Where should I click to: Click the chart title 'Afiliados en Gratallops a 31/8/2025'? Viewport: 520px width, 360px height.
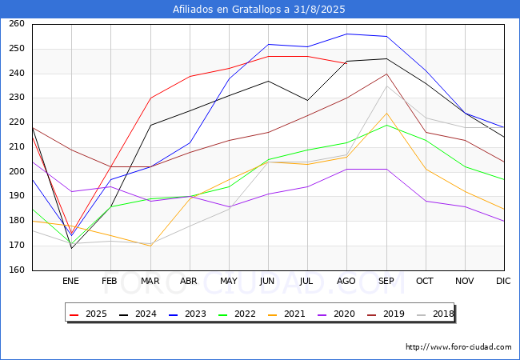click(x=260, y=10)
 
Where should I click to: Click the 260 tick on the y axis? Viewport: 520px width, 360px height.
click(x=18, y=24)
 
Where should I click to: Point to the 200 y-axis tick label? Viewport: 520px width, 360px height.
click(x=18, y=172)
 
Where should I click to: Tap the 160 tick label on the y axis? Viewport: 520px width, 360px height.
click(x=18, y=270)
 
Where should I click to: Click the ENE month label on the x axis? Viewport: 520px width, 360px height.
click(x=71, y=282)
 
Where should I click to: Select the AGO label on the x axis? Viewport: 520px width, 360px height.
click(x=346, y=282)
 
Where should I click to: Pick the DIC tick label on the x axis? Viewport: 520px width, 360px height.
click(x=503, y=282)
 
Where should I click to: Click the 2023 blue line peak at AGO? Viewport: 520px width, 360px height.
click(x=347, y=34)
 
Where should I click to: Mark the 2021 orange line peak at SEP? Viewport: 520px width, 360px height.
click(x=386, y=113)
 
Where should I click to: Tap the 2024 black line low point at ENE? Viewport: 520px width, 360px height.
click(x=71, y=248)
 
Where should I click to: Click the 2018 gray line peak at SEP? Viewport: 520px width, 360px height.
click(x=386, y=86)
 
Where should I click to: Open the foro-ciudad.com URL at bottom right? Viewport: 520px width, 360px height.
click(x=458, y=347)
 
